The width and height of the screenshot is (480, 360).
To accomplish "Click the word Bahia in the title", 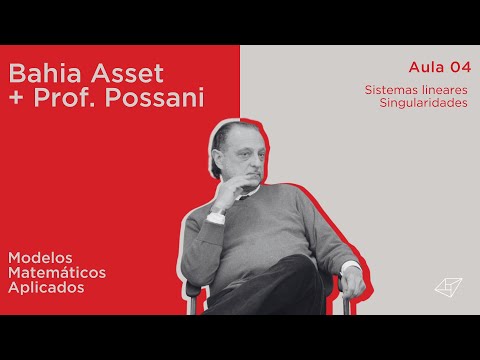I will point(40,74).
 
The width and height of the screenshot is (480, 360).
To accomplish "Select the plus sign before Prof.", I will point(17,101).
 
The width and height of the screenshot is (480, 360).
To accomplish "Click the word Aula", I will point(427,67).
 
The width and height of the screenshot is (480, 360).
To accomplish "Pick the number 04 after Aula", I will point(460,67).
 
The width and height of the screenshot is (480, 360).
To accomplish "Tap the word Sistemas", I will point(390,89).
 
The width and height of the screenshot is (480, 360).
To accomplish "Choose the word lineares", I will point(444,89).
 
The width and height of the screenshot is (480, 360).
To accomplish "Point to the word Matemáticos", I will point(57,272).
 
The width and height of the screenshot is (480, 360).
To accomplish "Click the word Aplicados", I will point(45,287).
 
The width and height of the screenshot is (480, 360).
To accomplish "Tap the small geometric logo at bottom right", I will point(446,287).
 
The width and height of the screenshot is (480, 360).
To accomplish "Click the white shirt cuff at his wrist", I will point(215,216).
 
